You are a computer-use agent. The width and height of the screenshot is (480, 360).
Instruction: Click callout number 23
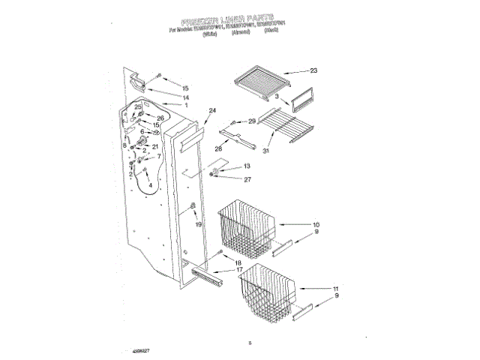coord(313,70)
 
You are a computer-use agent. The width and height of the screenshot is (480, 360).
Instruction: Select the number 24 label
coord(212,111)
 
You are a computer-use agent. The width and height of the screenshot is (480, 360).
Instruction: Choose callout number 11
coord(335,288)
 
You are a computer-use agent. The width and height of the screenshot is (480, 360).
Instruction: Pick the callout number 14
coord(185,98)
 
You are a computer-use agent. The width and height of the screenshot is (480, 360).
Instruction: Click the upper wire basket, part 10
coord(247,226)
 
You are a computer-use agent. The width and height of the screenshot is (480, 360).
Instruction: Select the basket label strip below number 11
coord(305,312)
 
